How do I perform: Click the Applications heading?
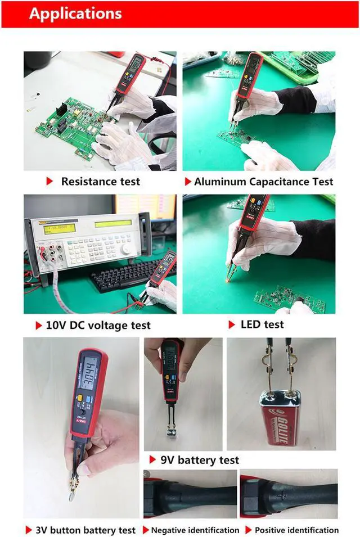tap(75, 13)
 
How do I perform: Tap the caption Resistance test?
tap(100, 182)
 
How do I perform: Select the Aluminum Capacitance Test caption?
tap(263, 182)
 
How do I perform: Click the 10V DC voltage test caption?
tap(98, 326)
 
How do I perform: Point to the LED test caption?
tap(262, 324)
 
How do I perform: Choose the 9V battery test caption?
tap(200, 460)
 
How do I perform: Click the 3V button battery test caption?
tap(85, 530)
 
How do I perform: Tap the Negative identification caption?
tap(195, 530)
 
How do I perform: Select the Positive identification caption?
tap(296, 530)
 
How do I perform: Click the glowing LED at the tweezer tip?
tap(229, 277)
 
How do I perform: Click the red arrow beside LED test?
tap(231, 325)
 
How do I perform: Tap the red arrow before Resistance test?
tap(49, 182)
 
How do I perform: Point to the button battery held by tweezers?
tap(74, 495)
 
